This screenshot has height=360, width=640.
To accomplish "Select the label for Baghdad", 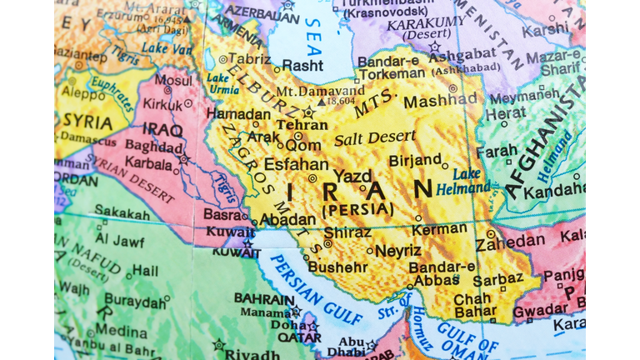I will (155, 146).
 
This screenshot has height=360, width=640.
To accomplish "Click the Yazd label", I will (352, 176).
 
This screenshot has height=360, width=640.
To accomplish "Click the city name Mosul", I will (173, 80).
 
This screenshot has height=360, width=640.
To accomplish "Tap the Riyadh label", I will (252, 352).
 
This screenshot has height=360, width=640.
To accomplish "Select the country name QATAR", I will (299, 337).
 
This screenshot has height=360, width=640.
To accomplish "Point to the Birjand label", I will (415, 159).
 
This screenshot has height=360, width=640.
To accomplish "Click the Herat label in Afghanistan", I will (506, 112).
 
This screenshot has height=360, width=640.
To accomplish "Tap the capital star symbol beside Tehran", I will (309, 112).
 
